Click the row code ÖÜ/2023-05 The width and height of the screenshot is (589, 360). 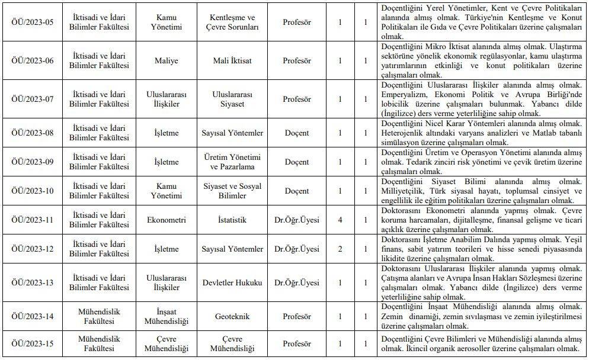click(33, 22)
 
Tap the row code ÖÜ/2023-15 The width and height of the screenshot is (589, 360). click(33, 344)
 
